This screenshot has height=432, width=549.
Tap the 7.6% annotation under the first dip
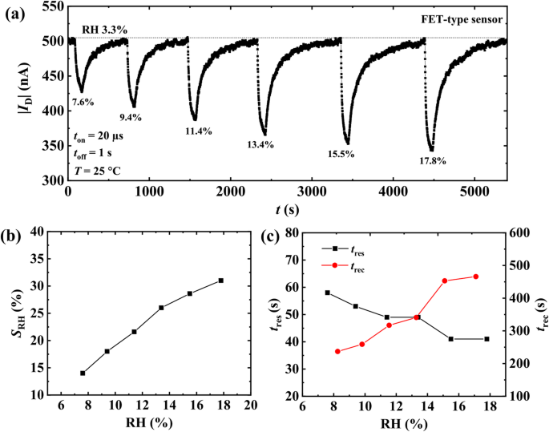(x=83, y=102)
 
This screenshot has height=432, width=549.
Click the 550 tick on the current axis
(x=52, y=6)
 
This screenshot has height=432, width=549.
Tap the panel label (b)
(x=14, y=237)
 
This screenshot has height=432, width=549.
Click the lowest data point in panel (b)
(x=83, y=373)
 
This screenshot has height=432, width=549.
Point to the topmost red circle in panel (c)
(x=476, y=277)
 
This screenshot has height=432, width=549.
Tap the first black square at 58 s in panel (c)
(x=327, y=293)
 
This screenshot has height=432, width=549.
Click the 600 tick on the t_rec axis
(x=519, y=232)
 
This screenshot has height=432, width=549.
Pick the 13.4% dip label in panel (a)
(x=260, y=144)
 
